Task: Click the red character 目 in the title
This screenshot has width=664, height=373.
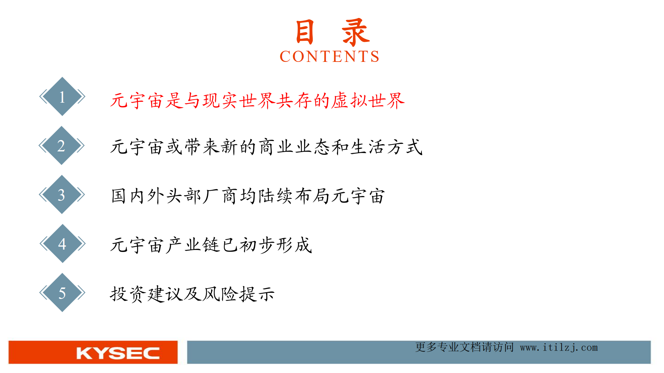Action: tap(305, 32)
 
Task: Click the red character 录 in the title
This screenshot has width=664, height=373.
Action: tap(355, 32)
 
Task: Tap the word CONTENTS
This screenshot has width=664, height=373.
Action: tap(329, 56)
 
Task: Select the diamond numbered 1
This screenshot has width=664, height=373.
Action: tap(62, 96)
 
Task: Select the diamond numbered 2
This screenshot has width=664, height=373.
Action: tap(62, 146)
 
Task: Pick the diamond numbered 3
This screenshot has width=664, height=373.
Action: tap(62, 195)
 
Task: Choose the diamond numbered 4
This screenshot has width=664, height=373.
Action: tap(62, 244)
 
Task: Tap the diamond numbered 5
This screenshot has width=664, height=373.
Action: tap(62, 293)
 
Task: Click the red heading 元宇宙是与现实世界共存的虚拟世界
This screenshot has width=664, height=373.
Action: tap(257, 101)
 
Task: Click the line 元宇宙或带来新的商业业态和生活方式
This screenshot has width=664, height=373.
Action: tap(266, 147)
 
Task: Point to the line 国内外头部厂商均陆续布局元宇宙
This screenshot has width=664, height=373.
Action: tap(248, 196)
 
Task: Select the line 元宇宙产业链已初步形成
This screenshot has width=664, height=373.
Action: tap(211, 245)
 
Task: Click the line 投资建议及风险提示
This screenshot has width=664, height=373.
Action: tap(192, 294)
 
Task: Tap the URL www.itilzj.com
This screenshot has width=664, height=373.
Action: tap(559, 347)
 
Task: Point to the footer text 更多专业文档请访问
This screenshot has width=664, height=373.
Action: tap(464, 347)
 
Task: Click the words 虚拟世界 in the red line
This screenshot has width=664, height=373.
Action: tap(368, 101)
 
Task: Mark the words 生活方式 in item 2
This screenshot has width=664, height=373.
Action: tap(386, 147)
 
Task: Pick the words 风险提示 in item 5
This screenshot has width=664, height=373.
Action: tap(239, 294)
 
